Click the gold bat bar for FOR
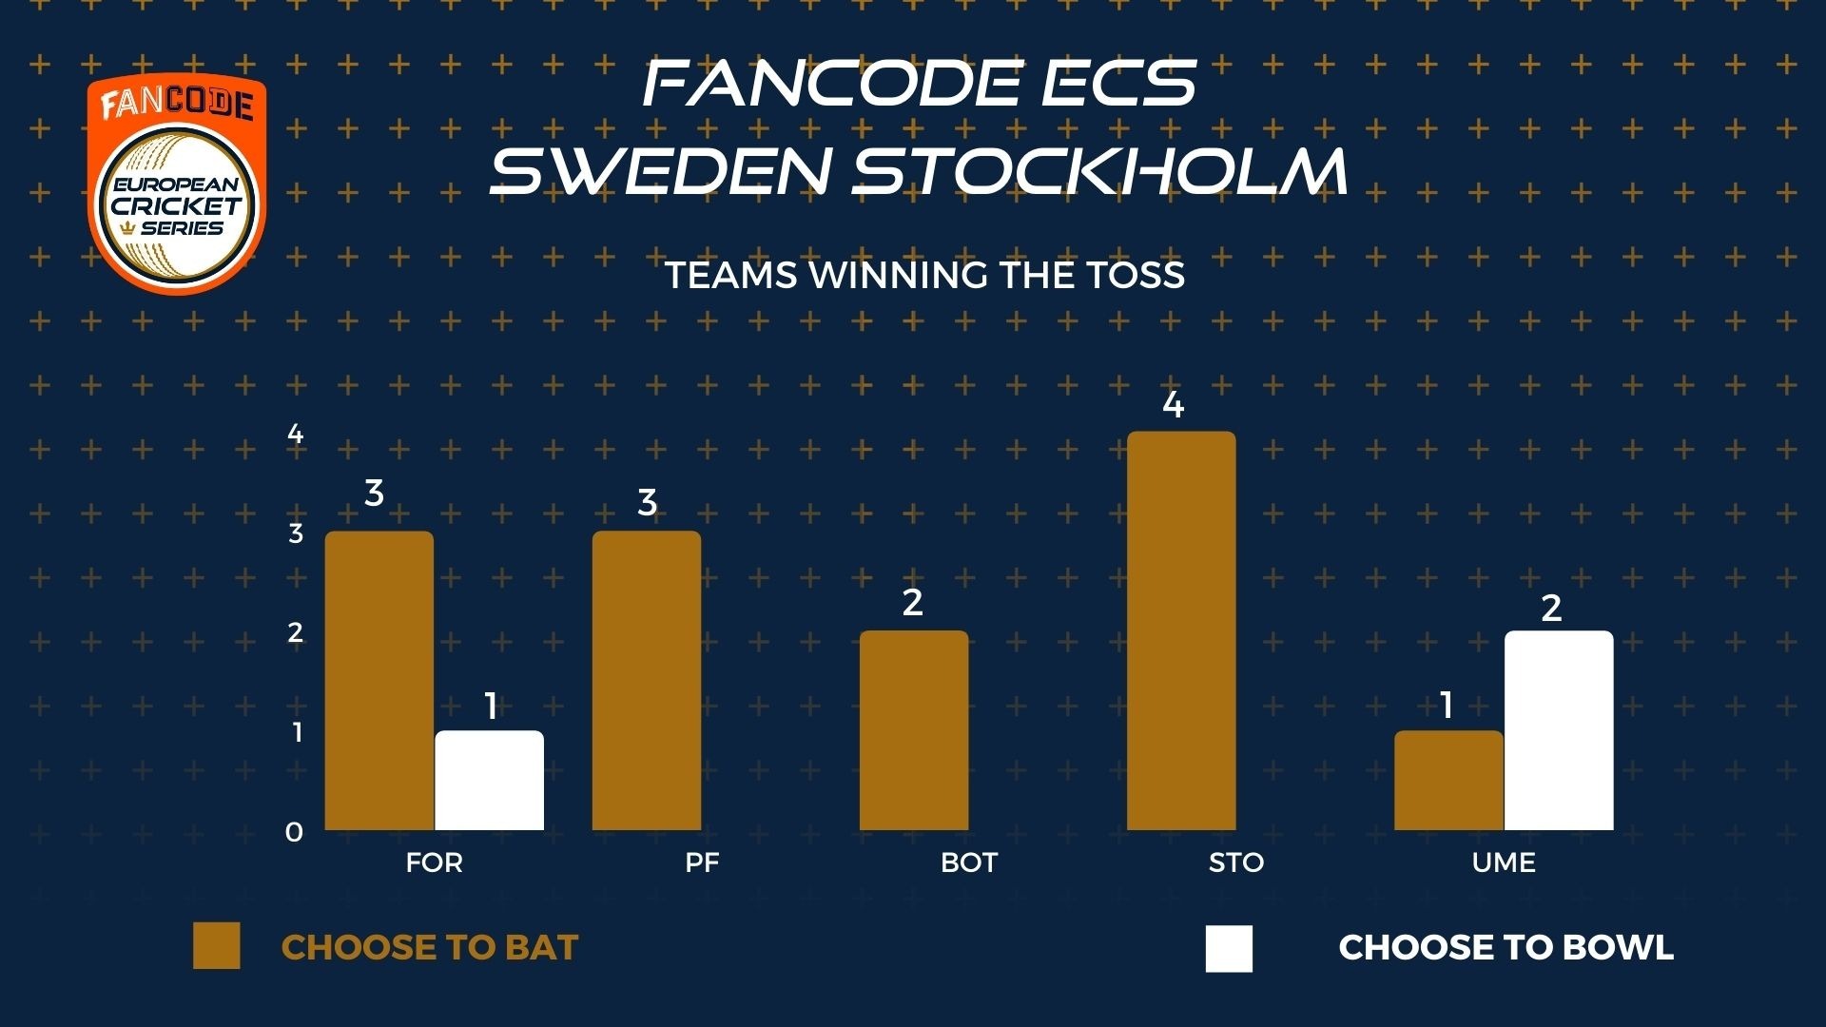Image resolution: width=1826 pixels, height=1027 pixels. point(379,681)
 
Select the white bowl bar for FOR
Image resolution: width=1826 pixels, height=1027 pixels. point(490,781)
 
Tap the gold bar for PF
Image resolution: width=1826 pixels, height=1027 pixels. point(647,681)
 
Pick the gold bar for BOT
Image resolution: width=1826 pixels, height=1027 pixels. point(914,730)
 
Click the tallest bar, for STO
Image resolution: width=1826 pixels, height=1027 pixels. point(1181,630)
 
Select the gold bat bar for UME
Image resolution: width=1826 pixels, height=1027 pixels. point(1448,781)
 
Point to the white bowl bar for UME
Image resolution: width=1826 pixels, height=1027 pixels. point(1559,730)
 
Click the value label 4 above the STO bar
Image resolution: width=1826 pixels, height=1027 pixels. point(1174,405)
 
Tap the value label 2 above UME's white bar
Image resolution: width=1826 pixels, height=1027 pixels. point(1551,609)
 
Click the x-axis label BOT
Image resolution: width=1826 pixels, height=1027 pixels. point(969,862)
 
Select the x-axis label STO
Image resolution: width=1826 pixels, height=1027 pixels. point(1236,862)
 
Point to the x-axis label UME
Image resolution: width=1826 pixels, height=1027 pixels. point(1504,862)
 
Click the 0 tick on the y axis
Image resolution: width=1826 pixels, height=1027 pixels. point(295,832)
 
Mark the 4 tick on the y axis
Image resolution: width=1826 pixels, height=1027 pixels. point(296,434)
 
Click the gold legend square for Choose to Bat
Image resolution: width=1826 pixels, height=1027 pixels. point(217,946)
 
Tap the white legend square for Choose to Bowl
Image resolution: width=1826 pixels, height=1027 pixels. point(1229,948)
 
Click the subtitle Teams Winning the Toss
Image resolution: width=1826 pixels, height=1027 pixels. point(925,275)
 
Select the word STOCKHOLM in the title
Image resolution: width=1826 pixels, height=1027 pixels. point(1100,170)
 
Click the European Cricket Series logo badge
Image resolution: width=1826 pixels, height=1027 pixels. point(177,184)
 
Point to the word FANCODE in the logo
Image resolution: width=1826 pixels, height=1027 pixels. point(177,103)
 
